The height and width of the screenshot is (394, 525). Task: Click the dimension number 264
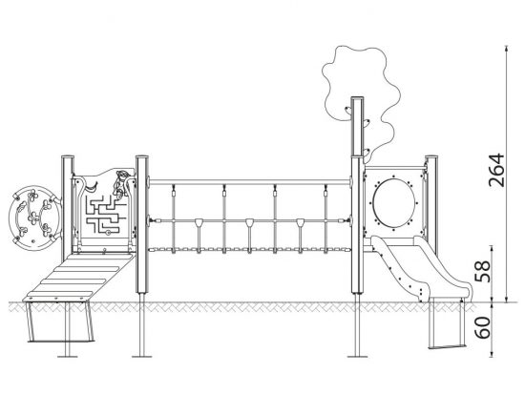496,170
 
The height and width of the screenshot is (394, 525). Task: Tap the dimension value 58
483,271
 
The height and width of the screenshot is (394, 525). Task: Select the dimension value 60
483,327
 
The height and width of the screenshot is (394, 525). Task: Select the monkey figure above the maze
120,183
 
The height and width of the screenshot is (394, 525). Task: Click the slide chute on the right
422,268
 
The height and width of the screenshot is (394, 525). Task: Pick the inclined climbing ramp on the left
78,278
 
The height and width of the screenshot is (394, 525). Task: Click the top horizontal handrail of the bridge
249,182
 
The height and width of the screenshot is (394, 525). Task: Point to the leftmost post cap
68,157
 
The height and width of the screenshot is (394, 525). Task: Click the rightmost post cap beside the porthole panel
431,157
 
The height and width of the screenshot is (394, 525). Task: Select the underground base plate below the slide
447,346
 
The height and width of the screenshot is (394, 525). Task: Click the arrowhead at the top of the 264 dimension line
507,48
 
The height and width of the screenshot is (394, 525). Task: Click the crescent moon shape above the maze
91,187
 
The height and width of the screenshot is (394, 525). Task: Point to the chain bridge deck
249,249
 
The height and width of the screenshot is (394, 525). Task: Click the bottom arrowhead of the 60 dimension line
492,354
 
